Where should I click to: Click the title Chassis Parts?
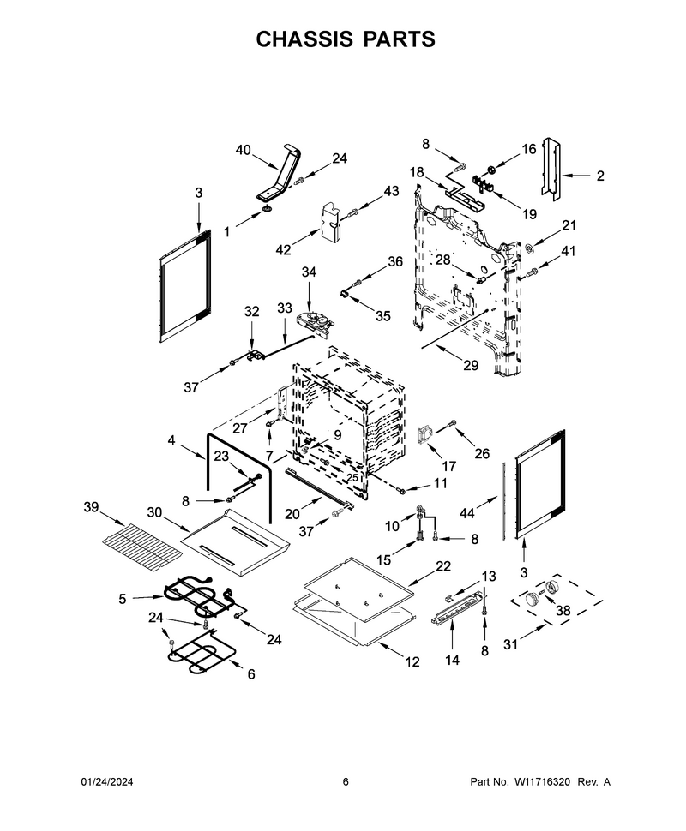coord(346,39)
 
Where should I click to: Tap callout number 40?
coord(243,151)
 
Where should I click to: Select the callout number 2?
coord(600,176)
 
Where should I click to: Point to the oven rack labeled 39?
coord(141,548)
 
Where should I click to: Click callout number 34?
coord(309,272)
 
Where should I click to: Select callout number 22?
coord(443,566)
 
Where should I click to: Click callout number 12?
coord(412,662)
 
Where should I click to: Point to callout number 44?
coord(466,513)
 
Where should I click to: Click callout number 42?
coord(283,249)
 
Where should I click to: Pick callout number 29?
coord(471,365)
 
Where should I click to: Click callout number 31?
coord(510,644)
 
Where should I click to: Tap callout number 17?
coord(448,466)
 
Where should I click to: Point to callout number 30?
coord(154,512)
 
